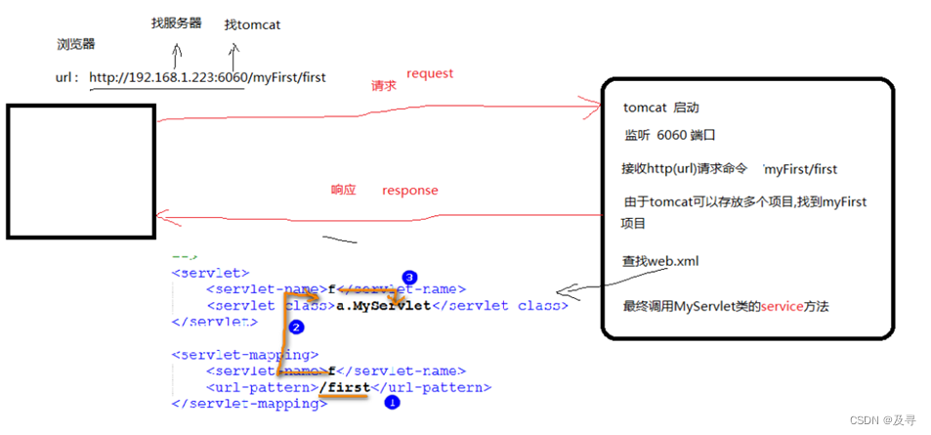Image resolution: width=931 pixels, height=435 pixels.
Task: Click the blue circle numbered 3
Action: click(x=409, y=278)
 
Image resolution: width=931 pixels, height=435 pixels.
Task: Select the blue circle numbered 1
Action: click(x=392, y=401)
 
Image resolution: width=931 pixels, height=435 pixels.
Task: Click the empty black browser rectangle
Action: click(x=81, y=171)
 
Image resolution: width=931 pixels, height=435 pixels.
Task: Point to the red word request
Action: click(x=430, y=73)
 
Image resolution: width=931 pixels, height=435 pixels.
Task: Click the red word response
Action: click(x=409, y=190)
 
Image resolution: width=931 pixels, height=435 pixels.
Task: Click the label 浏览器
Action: click(x=76, y=45)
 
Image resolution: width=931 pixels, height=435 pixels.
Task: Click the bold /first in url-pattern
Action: click(x=345, y=387)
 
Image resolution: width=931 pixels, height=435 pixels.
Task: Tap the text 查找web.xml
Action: click(x=660, y=261)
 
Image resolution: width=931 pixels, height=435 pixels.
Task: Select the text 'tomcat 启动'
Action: click(x=660, y=108)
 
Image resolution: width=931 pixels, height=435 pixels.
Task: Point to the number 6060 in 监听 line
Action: click(x=672, y=136)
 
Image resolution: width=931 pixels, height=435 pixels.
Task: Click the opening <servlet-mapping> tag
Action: click(x=244, y=355)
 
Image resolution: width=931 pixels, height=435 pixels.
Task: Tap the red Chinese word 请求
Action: click(x=383, y=86)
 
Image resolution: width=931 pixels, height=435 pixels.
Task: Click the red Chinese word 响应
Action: click(x=343, y=191)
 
